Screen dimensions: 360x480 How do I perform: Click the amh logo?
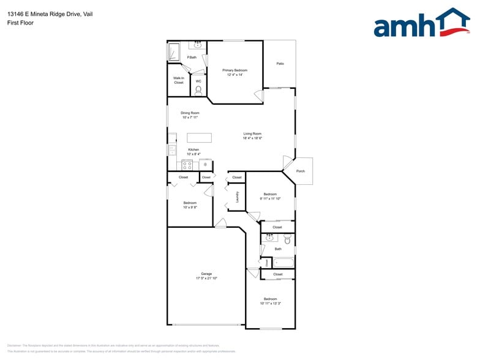click(x=421, y=24)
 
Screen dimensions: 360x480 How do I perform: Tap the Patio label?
click(x=280, y=64)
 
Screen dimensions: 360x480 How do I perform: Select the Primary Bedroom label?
click(x=235, y=70)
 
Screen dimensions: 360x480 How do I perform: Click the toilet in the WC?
click(x=198, y=91)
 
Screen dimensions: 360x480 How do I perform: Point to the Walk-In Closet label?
click(x=179, y=80)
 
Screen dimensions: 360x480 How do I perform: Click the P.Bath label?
click(x=192, y=58)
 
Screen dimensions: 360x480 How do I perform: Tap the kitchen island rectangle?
click(x=199, y=138)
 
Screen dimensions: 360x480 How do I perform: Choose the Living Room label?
click(x=252, y=133)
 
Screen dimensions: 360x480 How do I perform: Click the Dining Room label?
click(x=190, y=113)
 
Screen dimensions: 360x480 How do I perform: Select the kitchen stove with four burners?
click(x=187, y=165)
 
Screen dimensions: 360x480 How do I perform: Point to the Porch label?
click(x=300, y=171)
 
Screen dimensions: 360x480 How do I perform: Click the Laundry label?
click(x=237, y=197)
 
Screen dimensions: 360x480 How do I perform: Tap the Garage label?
click(x=206, y=274)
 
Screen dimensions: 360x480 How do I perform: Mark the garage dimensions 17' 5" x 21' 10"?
click(x=206, y=279)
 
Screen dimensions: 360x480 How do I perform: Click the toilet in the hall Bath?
click(x=287, y=240)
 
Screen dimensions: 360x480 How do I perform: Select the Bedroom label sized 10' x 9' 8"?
click(x=190, y=203)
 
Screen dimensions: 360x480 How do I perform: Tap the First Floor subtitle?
click(x=21, y=23)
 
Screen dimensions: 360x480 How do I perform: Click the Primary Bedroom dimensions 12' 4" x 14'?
click(x=235, y=75)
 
